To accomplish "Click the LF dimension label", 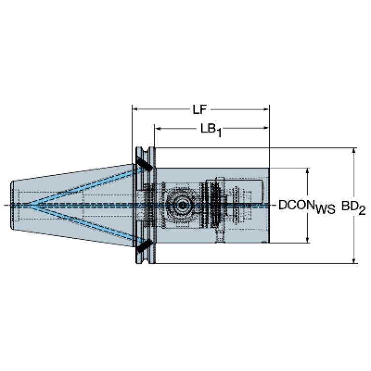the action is (199, 110).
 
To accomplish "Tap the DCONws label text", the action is (307, 207).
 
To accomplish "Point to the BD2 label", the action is (354, 208).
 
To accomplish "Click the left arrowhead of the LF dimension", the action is (135, 109).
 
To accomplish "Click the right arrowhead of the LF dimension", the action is (267, 109).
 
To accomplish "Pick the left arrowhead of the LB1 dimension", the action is (158, 128).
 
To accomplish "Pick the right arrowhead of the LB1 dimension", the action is (267, 128).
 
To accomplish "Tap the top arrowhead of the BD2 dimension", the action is (354, 151).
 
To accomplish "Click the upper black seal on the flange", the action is (144, 164).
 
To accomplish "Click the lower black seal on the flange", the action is (144, 246).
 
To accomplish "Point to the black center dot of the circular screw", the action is (182, 205).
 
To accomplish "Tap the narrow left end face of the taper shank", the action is (11, 205).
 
